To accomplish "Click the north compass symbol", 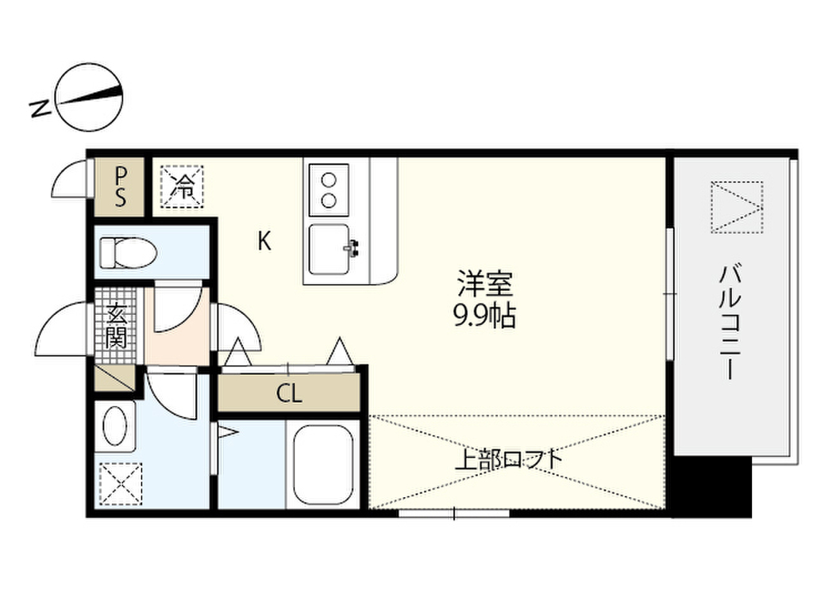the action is coord(89,98).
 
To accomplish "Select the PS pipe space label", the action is coord(120,186).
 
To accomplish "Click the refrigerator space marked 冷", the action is coord(182,186).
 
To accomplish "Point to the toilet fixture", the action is coord(128,253).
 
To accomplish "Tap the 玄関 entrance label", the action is coord(116,326).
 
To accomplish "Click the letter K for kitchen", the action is coord(264,241).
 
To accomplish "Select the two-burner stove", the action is coord(329,190).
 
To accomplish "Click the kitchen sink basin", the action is coord(329,249).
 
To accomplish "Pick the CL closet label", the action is coord(289,393).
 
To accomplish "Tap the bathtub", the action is coord(323,465).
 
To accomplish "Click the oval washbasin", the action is coord(115,426).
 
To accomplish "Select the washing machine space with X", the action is coord(121,484).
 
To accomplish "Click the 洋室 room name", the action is coord(485,283).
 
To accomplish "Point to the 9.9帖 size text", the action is coord(485,316).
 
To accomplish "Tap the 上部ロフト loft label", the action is coord(509,460).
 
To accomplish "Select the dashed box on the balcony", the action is coord(737,207).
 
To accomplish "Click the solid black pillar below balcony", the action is coord(712,487).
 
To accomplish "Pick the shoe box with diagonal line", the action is coord(114,378).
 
